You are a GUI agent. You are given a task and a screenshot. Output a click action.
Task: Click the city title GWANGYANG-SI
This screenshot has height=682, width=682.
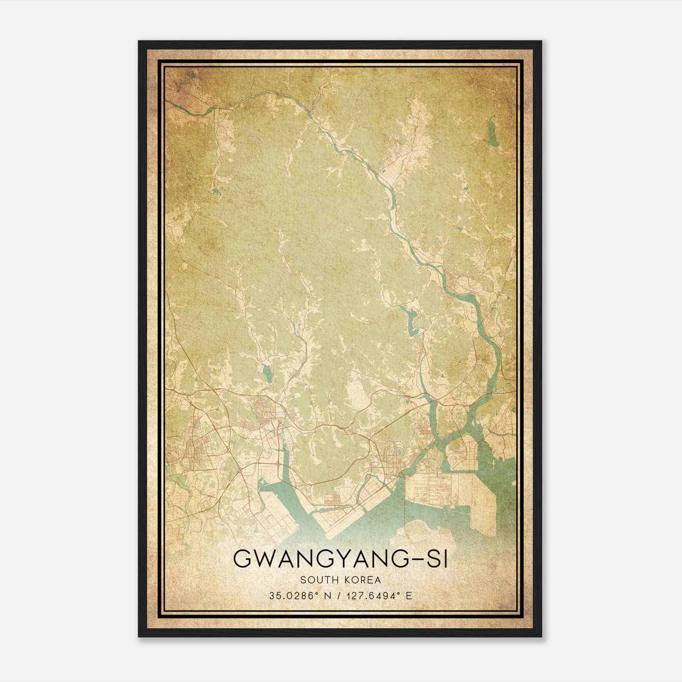tap(341, 560)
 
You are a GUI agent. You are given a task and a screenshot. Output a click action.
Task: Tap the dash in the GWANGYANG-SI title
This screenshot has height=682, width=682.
tap(413, 560)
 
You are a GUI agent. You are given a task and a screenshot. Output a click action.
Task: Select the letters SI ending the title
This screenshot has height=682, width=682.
tap(437, 560)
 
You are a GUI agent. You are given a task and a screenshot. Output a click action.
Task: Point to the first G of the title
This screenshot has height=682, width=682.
tap(242, 560)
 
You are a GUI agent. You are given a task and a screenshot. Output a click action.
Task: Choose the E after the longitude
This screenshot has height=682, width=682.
tap(409, 596)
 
